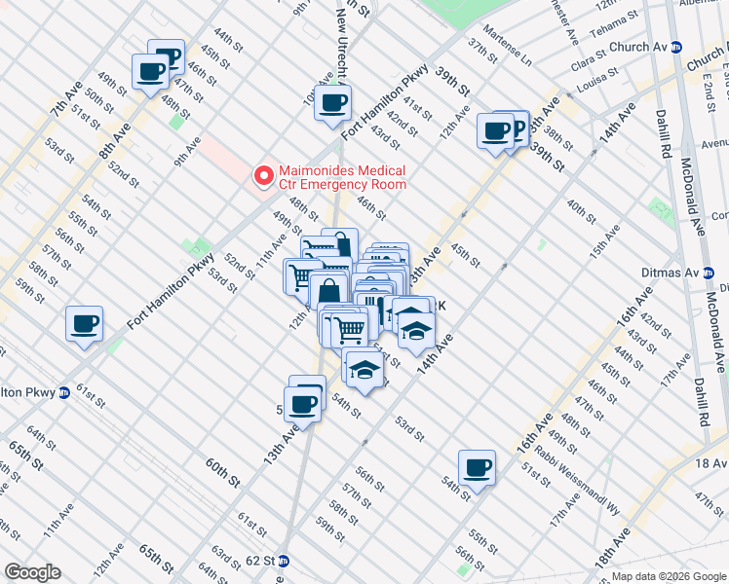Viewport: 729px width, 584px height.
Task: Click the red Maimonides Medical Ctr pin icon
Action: point(262,176)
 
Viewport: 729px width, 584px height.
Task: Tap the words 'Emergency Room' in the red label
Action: point(359,183)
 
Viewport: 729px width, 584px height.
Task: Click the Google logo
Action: point(31,572)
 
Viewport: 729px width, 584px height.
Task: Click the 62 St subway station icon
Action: point(283,561)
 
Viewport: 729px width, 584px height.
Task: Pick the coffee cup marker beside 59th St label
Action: point(84,324)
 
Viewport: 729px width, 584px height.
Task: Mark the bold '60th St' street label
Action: point(222,475)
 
